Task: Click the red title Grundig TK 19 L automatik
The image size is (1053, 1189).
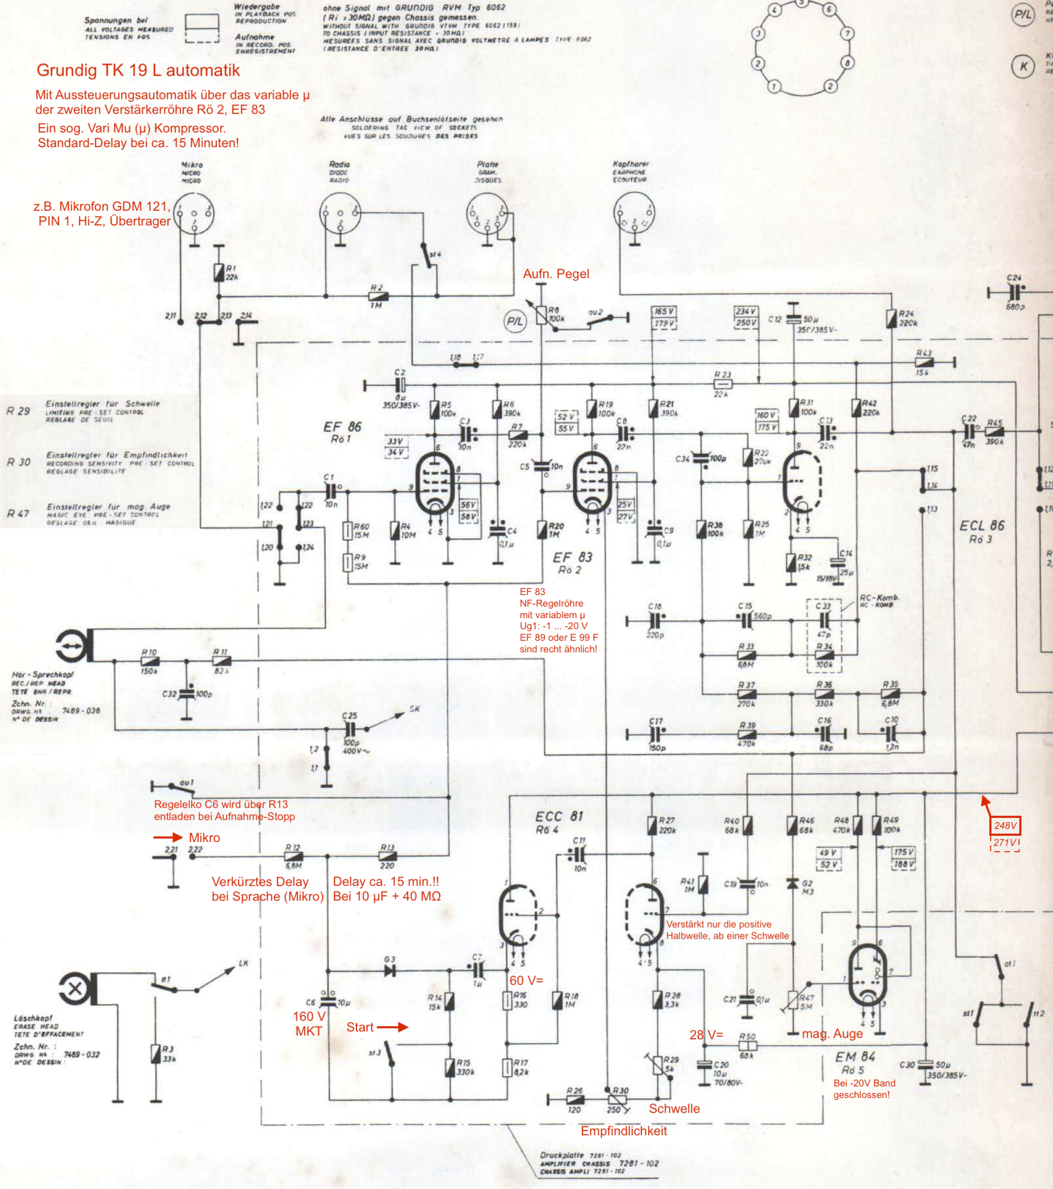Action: coord(138,70)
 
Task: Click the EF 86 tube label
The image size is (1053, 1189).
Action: coord(342,427)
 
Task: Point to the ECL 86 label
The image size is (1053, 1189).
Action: coord(982,526)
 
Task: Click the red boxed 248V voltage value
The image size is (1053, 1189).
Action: coord(1005,825)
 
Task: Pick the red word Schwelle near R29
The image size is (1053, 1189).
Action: coord(674,1109)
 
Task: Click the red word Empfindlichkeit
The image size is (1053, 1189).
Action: coord(623,1131)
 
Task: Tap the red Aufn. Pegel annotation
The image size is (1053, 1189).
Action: coord(556,274)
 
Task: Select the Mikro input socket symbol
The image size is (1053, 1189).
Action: coord(195,214)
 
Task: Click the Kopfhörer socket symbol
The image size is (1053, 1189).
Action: coord(633,214)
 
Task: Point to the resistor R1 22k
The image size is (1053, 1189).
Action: coord(219,272)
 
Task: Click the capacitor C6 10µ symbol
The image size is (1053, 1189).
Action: coord(328,1001)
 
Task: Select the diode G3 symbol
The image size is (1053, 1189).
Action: coord(389,970)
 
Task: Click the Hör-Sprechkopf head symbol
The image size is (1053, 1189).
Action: coord(74,645)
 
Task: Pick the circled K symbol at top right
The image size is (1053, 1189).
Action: coord(1023,66)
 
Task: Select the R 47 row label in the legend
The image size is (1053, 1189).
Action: coord(18,514)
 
